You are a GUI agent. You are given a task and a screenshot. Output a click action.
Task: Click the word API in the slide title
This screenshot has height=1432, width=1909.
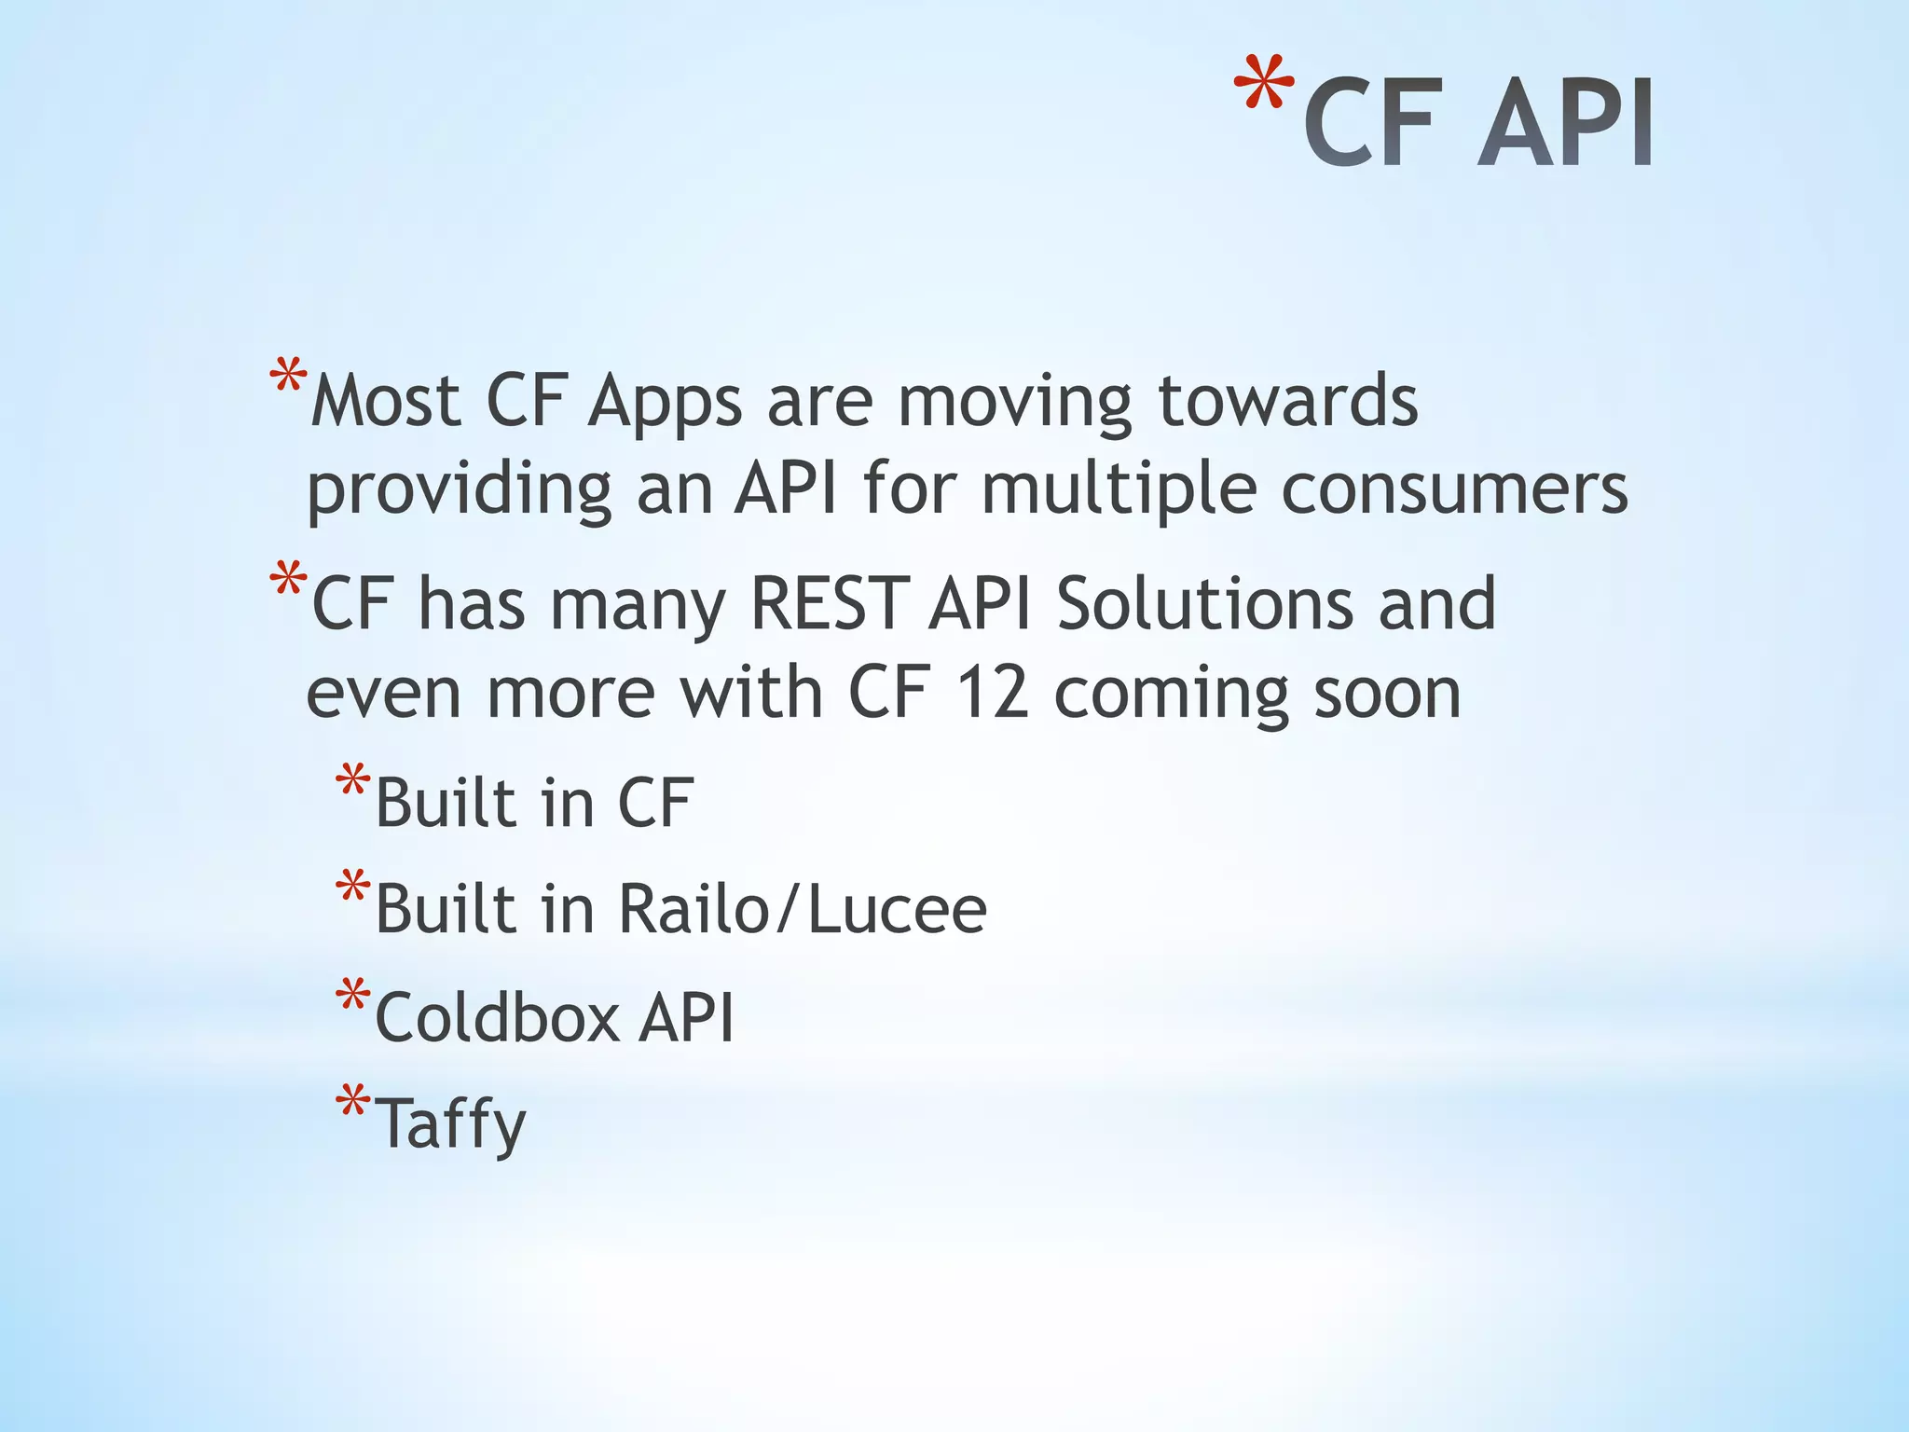(1566, 124)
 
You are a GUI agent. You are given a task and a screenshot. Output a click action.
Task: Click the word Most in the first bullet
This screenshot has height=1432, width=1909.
(386, 402)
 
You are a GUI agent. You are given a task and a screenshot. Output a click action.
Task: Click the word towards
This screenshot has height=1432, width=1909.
(1287, 402)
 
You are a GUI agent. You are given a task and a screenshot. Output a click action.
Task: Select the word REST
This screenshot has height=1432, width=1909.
(828, 604)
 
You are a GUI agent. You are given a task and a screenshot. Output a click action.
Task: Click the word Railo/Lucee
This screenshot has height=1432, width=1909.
(802, 909)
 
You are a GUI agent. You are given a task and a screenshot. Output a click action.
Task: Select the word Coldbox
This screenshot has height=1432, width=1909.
(497, 1016)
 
